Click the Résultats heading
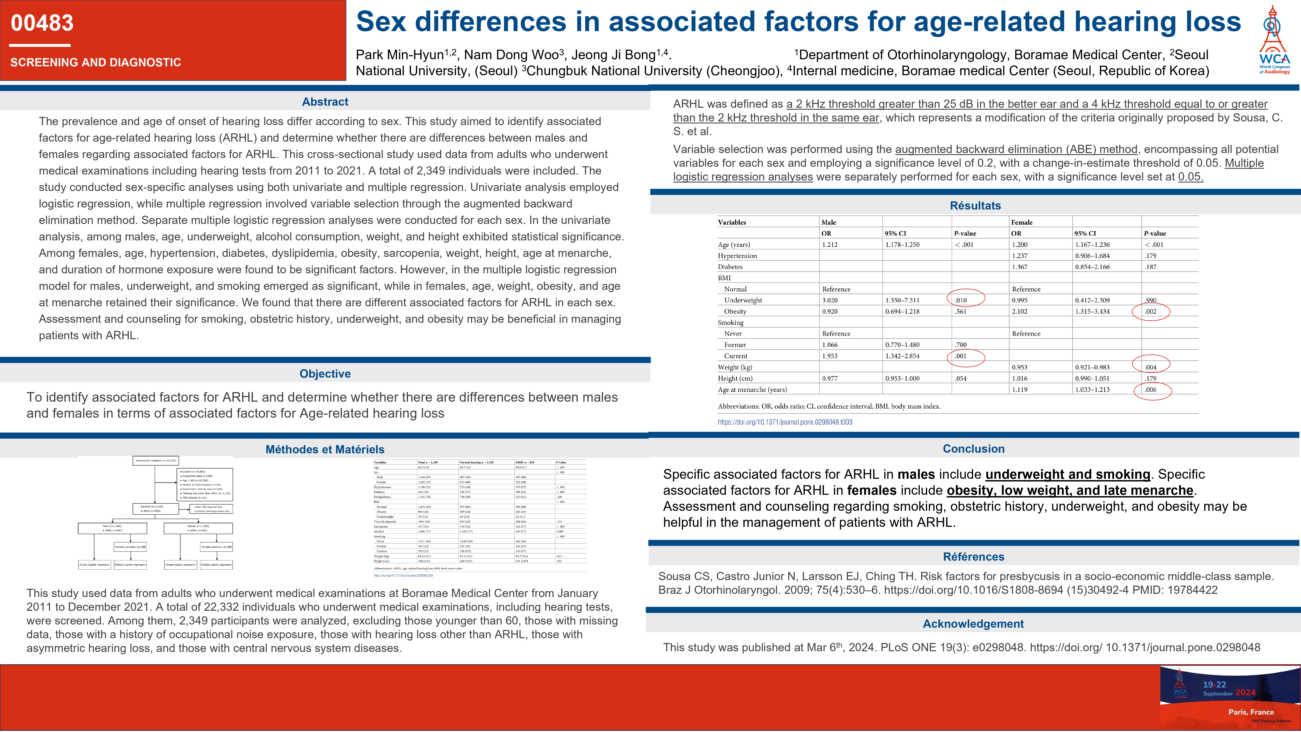(x=975, y=206)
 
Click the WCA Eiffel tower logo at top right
(x=1274, y=39)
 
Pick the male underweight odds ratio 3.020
(x=830, y=300)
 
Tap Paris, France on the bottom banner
(x=1250, y=712)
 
